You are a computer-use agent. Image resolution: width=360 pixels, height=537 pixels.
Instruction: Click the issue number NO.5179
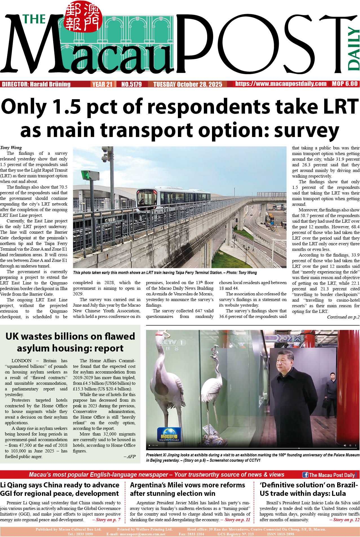pyautogui.click(x=131, y=84)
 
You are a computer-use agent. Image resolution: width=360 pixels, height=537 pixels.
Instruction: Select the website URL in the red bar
pyautogui.click(x=281, y=84)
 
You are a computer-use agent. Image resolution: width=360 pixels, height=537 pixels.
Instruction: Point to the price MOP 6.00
pyautogui.click(x=344, y=84)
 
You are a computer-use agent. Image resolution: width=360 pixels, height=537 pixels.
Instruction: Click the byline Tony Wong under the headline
pyautogui.click(x=11, y=147)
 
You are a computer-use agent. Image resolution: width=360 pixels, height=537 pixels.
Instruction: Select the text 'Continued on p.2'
pyautogui.click(x=343, y=317)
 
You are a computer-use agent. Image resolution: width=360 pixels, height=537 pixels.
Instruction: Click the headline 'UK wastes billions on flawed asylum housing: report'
pyautogui.click(x=70, y=342)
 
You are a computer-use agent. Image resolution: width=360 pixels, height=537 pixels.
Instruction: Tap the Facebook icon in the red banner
pyautogui.click(x=305, y=475)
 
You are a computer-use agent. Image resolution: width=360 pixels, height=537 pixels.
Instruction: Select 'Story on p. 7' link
pyautogui.click(x=106, y=520)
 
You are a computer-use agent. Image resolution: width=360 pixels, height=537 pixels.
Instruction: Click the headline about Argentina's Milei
pyautogui.click(x=187, y=489)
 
